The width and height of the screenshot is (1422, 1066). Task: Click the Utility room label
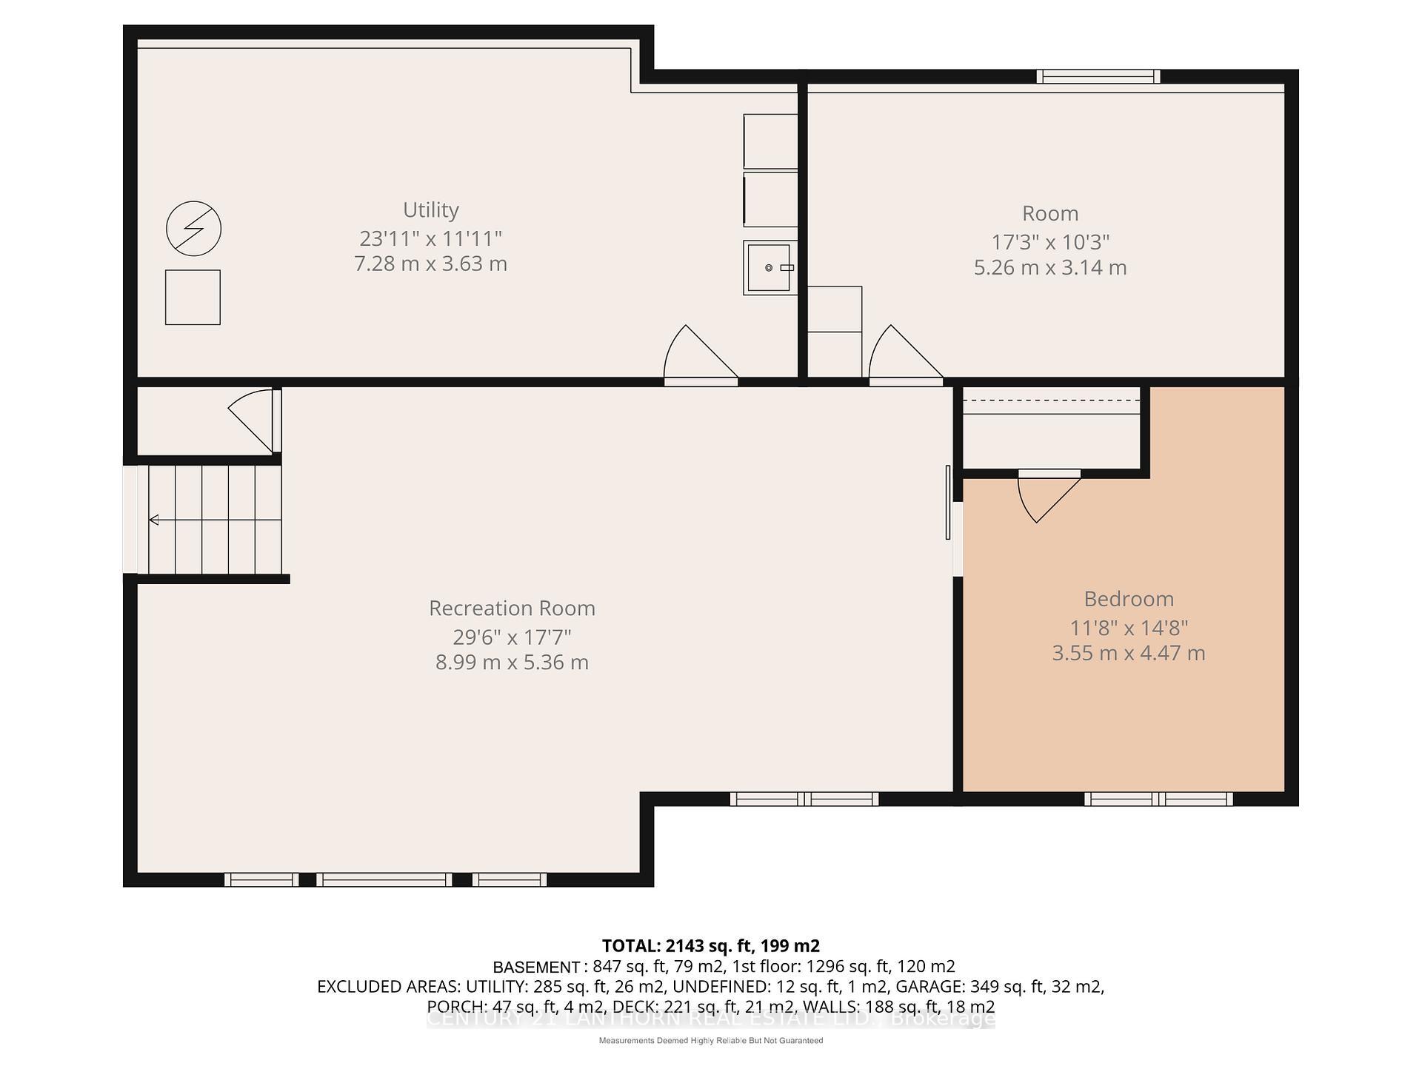430,210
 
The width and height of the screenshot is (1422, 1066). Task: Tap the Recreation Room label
512,609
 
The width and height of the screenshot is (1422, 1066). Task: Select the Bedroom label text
1128,599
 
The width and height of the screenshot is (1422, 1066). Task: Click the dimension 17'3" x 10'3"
1049,242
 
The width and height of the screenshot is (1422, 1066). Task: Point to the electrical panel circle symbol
193,228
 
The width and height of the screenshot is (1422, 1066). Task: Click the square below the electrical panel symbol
193,297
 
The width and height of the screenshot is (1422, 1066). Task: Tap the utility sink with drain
770,267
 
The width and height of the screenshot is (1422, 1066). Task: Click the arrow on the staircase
154,520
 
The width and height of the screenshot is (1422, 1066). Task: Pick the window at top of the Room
1098,76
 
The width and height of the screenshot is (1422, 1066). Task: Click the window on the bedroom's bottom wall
1158,799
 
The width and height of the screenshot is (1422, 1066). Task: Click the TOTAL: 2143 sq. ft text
710,945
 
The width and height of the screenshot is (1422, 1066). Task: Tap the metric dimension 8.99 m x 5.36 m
512,663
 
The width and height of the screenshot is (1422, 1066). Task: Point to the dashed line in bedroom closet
1050,401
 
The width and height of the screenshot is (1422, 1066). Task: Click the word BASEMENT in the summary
536,967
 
